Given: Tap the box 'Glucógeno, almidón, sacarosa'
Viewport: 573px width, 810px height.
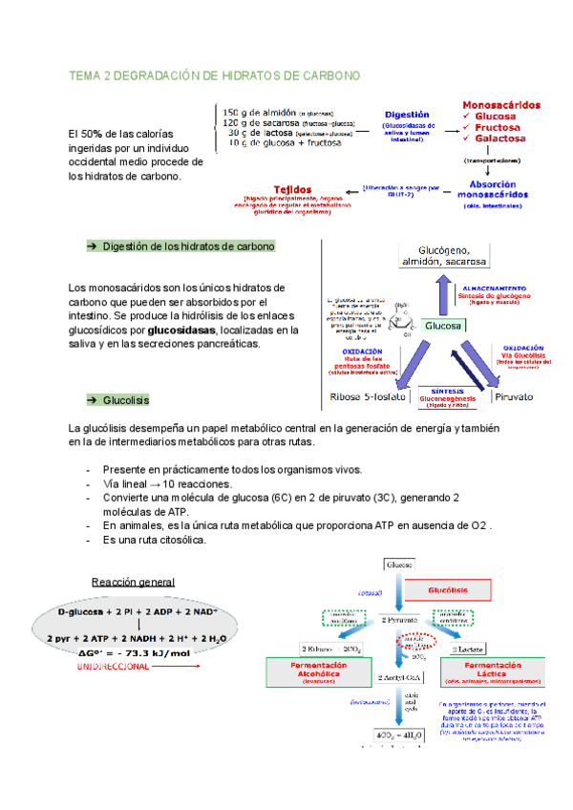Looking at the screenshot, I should click(x=444, y=255).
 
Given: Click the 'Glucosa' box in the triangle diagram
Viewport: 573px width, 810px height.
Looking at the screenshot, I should click(x=443, y=326).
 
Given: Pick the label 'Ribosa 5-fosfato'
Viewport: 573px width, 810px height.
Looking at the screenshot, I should click(x=368, y=396).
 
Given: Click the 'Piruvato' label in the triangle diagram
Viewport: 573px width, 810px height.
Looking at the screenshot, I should click(x=515, y=396).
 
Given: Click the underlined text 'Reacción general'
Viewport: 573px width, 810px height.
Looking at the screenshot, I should click(x=133, y=582).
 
